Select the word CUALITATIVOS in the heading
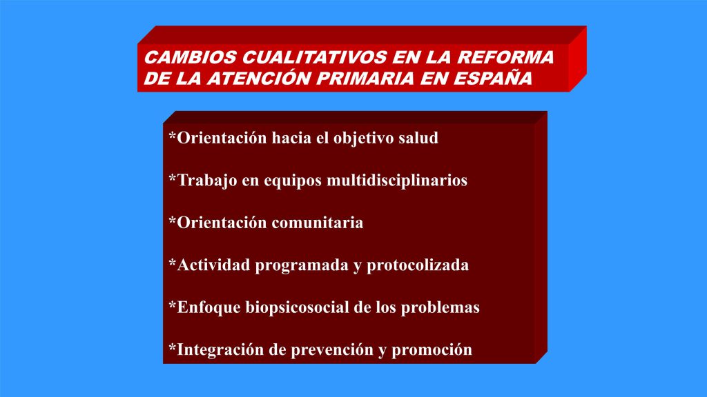pyautogui.click(x=315, y=57)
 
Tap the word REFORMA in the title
pyautogui.click(x=505, y=57)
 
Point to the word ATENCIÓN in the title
pyautogui.click(x=259, y=78)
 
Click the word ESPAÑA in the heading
pyautogui.click(x=493, y=78)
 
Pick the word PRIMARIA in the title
pyautogui.click(x=365, y=79)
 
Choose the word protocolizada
pyautogui.click(x=418, y=265)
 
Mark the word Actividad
pyautogui.click(x=214, y=265)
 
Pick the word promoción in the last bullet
pyautogui.click(x=432, y=350)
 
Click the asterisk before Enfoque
pyautogui.click(x=172, y=305)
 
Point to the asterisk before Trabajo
pyautogui.click(x=172, y=178)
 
